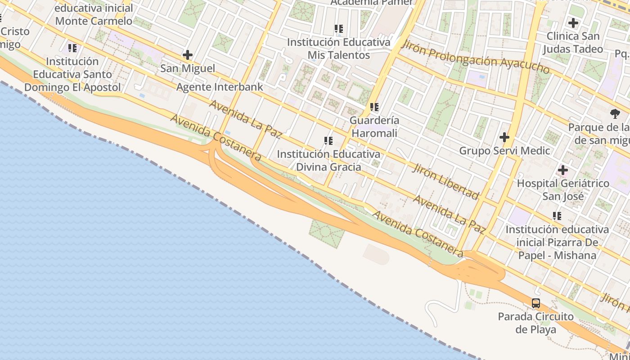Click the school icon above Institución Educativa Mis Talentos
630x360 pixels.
339,29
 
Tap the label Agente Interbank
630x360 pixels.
220,87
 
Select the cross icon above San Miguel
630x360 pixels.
188,55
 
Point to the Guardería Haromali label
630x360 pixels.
374,127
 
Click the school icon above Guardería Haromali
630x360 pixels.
374,107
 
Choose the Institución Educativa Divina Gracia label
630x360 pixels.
328,160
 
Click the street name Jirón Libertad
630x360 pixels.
445,181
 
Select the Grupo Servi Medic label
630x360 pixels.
504,151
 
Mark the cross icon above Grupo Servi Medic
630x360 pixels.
504,137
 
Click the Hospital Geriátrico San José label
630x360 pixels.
563,189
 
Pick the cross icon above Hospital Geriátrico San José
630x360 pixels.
562,170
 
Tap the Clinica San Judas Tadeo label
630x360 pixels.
573,42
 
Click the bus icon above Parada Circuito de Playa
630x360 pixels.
536,303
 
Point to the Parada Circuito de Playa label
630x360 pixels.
535,323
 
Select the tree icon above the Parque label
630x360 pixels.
615,113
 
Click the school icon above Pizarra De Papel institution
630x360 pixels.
557,216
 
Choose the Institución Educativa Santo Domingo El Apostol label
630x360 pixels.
72,74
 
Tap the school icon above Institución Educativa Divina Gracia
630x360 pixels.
328,141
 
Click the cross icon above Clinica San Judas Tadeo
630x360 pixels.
573,22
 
